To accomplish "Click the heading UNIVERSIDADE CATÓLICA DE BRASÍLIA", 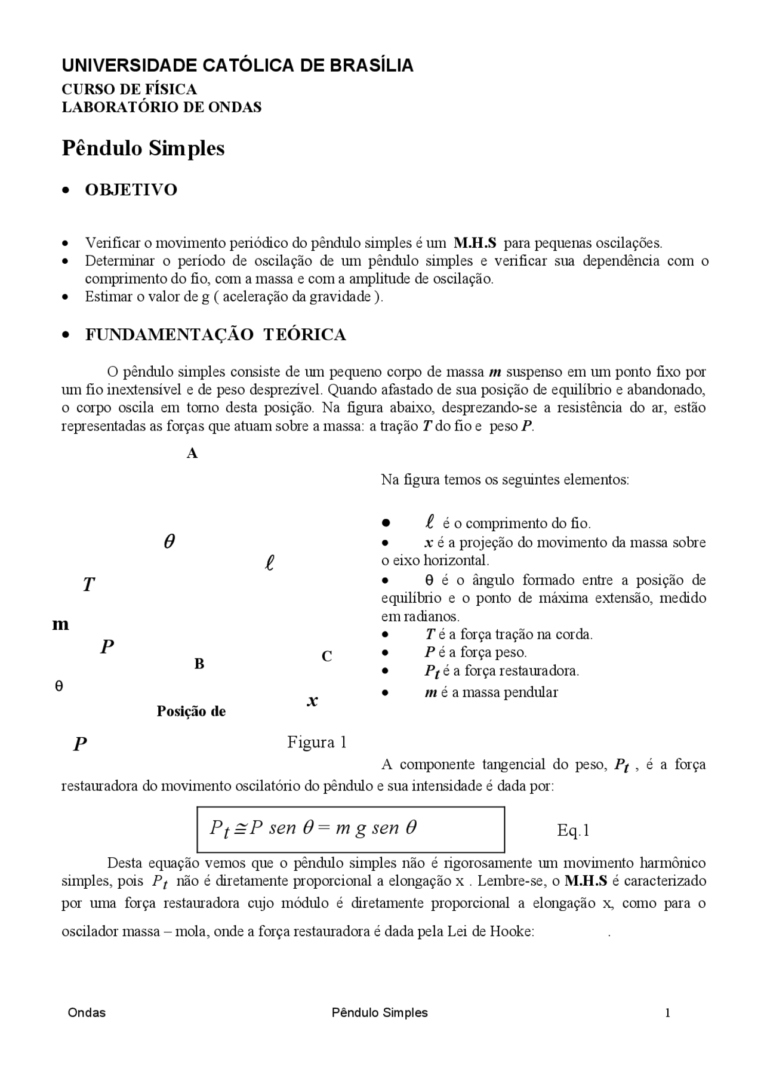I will click(237, 66).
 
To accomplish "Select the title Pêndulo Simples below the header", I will click(143, 148).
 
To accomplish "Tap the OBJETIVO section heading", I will click(131, 190).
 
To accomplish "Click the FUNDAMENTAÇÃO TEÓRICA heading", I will click(215, 335).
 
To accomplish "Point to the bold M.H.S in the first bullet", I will click(475, 243).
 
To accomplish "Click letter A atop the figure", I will click(192, 454).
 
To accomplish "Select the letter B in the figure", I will click(199, 664).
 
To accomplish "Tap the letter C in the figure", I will click(326, 657).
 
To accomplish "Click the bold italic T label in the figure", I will click(88, 585).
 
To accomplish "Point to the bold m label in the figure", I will click(60, 625).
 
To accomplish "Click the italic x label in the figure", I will click(312, 701).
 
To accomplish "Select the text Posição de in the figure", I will click(191, 712).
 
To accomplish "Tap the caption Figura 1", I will click(316, 743).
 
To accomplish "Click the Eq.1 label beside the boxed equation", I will click(573, 830).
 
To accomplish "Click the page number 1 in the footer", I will click(667, 1013).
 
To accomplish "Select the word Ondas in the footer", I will click(87, 1013).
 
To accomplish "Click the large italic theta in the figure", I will click(169, 542).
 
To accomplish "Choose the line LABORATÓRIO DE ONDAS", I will click(162, 107).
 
